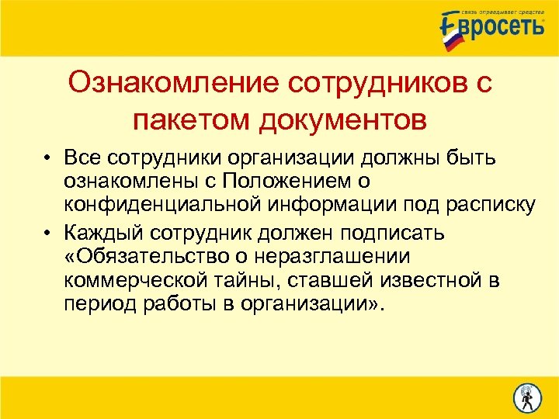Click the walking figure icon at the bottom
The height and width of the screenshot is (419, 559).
(x=528, y=398)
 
